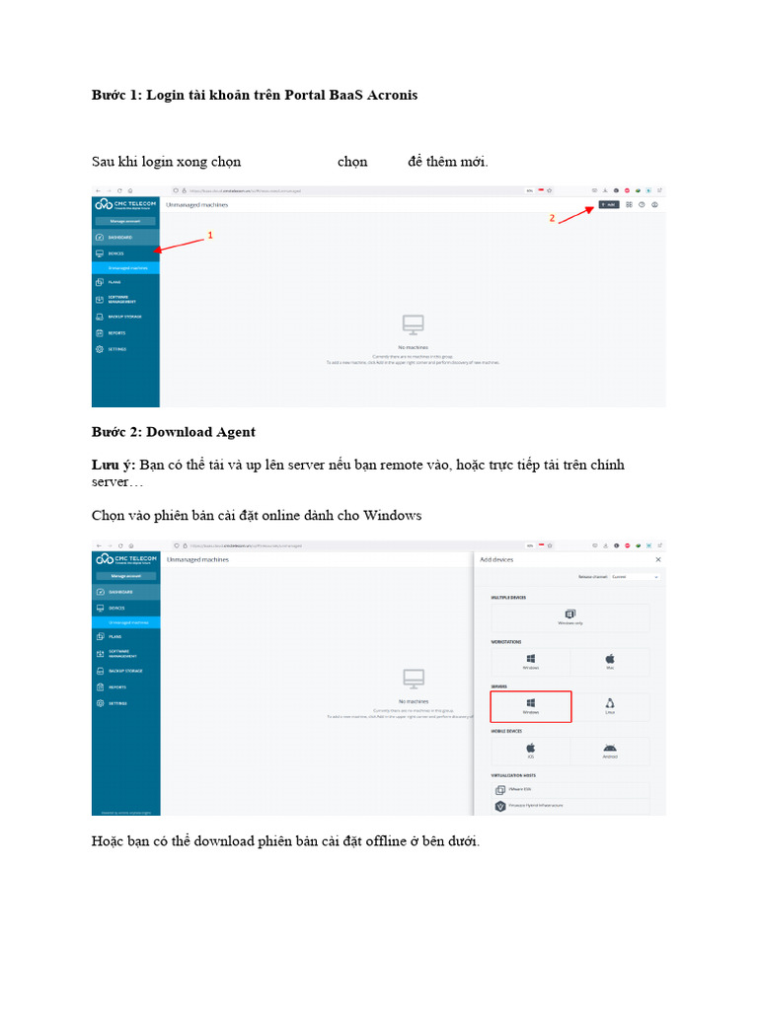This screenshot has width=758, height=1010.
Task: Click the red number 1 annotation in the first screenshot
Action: click(209, 237)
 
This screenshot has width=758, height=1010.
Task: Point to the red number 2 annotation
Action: click(553, 218)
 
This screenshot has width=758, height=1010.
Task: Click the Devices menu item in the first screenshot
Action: click(115, 253)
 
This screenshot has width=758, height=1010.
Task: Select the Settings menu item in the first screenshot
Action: click(116, 349)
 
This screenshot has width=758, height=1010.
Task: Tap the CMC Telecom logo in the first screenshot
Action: click(125, 204)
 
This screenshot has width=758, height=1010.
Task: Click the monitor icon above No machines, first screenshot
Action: click(413, 324)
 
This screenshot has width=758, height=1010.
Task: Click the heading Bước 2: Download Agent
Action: click(174, 432)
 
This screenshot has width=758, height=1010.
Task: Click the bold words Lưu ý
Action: click(113, 465)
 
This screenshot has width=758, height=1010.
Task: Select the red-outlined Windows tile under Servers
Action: click(531, 706)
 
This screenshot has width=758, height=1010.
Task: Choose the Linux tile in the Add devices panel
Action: click(610, 706)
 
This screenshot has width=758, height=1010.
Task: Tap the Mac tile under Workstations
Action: click(610, 662)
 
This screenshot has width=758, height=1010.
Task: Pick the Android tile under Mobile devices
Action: click(610, 751)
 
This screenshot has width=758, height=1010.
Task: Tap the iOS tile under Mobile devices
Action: click(531, 751)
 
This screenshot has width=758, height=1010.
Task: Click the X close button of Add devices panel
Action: click(658, 559)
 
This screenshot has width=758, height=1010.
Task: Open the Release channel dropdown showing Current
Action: click(634, 577)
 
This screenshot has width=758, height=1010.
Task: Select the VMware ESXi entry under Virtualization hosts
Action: click(521, 790)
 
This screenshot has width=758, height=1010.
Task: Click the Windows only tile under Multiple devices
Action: click(570, 617)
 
